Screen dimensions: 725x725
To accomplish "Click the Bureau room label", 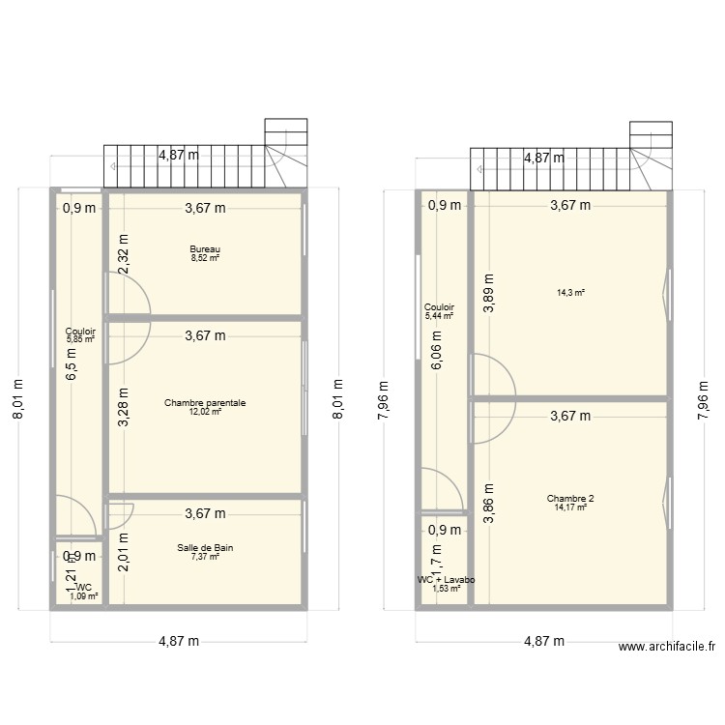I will pyautogui.click(x=205, y=249).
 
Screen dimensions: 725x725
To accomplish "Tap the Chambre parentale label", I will pyautogui.click(x=205, y=402).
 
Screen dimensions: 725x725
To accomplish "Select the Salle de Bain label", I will pyautogui.click(x=205, y=547).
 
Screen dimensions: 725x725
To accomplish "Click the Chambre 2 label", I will pyautogui.click(x=570, y=499).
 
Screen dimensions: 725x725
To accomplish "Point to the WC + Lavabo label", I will pyautogui.click(x=446, y=580).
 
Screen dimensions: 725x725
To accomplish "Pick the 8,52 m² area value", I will pyautogui.click(x=205, y=258).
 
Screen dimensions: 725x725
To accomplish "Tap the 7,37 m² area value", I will pyautogui.click(x=205, y=556).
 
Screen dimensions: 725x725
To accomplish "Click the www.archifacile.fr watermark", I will pyautogui.click(x=667, y=648).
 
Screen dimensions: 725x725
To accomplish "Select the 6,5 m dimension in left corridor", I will pyautogui.click(x=71, y=362).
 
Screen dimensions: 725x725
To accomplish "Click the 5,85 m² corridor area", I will pyautogui.click(x=80, y=339).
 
